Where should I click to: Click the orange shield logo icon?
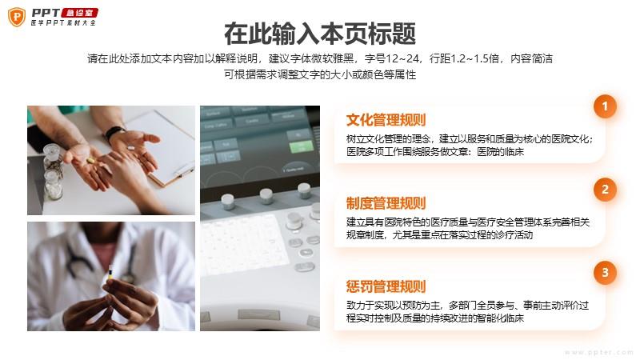coord(17,17)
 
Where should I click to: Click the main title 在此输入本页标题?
coord(320,34)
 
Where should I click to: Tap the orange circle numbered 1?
coord(605,106)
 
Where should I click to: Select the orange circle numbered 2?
coord(605,190)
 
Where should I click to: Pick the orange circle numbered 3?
coord(605,272)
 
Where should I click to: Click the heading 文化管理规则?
coord(386,120)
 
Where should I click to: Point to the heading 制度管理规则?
coord(386,203)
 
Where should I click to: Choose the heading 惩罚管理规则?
coord(386,286)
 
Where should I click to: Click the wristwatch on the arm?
coord(114,134)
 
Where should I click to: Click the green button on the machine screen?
coord(301,146)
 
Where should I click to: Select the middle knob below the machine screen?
coord(266,195)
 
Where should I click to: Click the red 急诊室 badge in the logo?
coord(79,13)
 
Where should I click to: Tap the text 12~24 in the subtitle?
coord(402,58)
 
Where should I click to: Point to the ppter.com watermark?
coord(598,352)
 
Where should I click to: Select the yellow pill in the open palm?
coord(90,161)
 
